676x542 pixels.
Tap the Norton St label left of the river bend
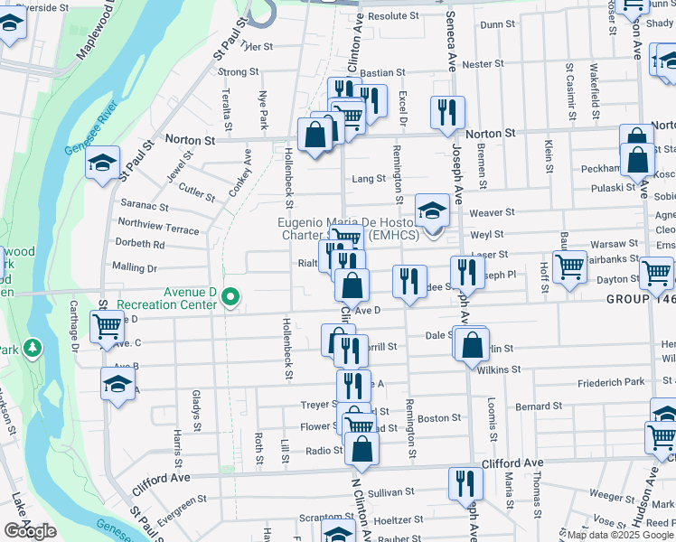point(190,140)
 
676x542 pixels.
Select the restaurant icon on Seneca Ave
point(446,112)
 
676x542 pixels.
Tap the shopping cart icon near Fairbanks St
point(569,266)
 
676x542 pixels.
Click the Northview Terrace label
point(158,226)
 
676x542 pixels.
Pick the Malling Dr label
point(134,267)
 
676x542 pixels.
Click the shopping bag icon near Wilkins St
point(473,344)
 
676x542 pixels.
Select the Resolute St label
point(394,15)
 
